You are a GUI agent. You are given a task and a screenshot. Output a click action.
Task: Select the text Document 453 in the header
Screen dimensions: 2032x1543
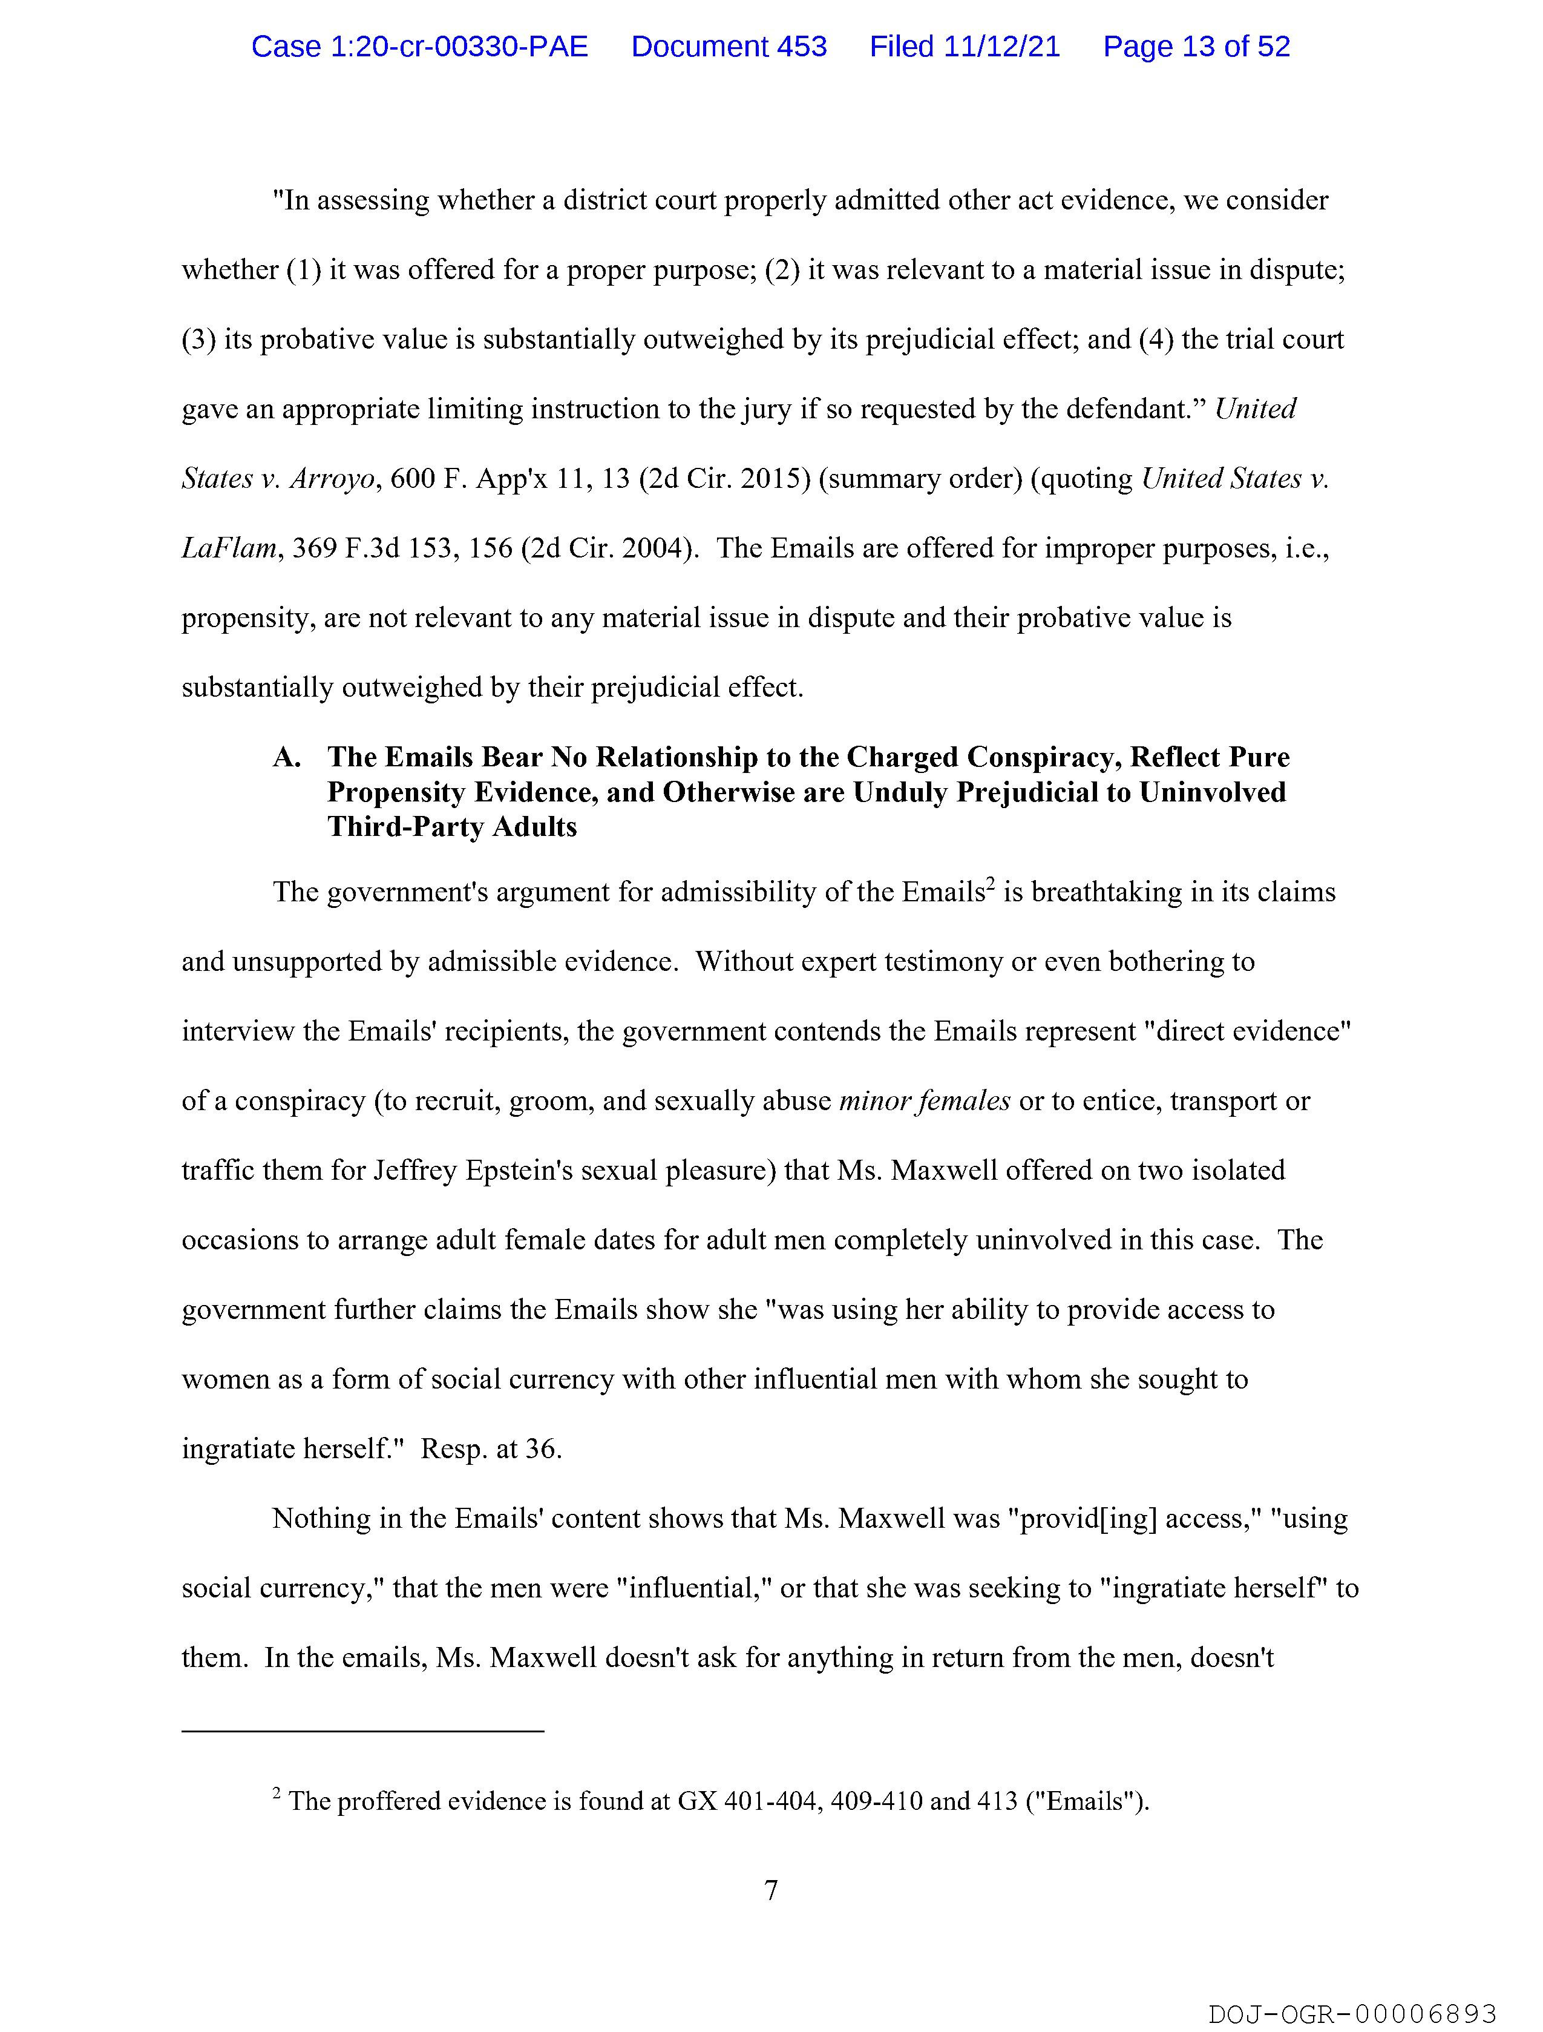click(729, 46)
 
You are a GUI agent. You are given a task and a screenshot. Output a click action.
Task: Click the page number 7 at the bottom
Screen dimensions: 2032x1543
click(770, 1890)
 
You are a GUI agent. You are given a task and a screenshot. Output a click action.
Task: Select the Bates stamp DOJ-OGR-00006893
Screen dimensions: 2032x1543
click(1352, 2014)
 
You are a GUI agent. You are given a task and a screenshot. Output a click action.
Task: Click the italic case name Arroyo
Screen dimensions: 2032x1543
click(332, 479)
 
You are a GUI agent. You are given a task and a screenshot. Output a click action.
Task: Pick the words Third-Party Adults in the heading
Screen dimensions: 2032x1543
click(452, 827)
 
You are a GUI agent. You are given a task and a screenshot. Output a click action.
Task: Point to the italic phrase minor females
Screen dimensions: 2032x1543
click(924, 1100)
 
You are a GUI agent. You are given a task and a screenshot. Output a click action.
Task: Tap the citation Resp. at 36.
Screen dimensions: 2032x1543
click(491, 1448)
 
